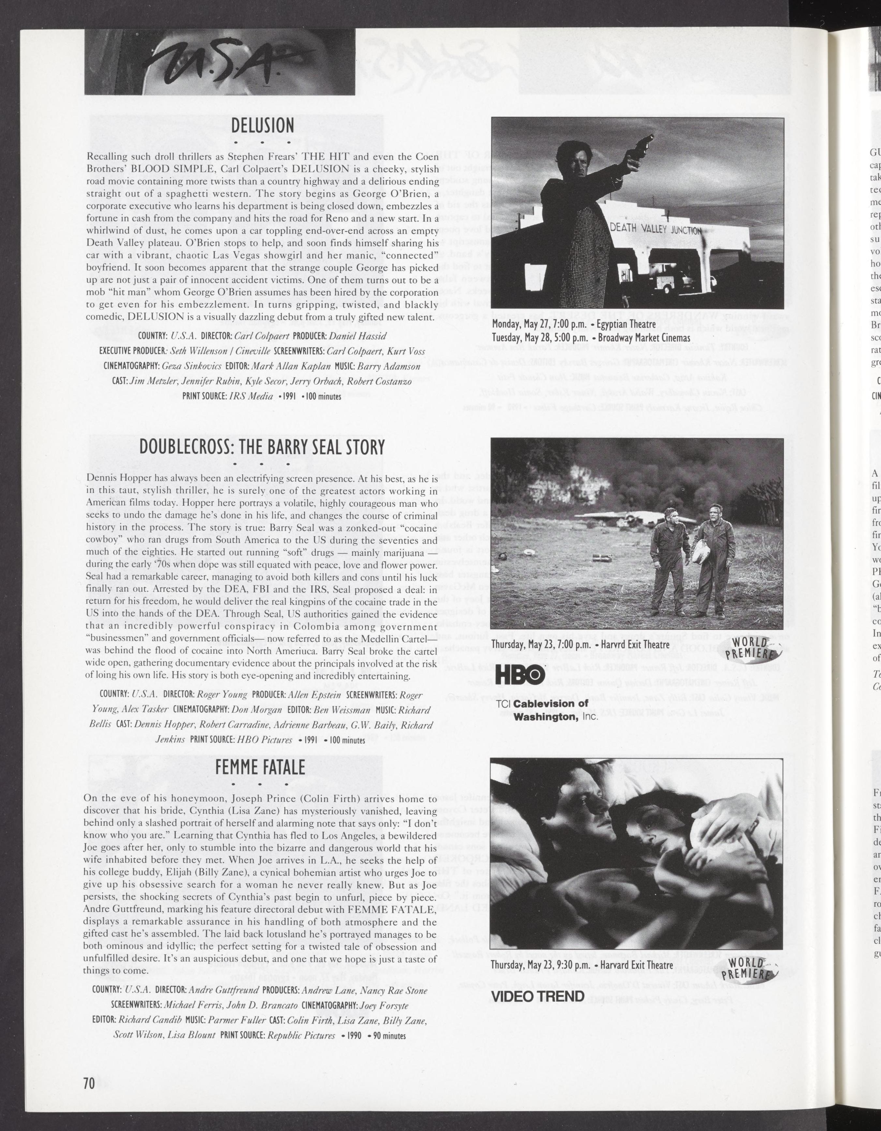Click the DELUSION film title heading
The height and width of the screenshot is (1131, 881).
point(262,126)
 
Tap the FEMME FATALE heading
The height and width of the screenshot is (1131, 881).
point(260,768)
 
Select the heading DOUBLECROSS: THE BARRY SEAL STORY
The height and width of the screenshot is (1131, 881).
point(262,447)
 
